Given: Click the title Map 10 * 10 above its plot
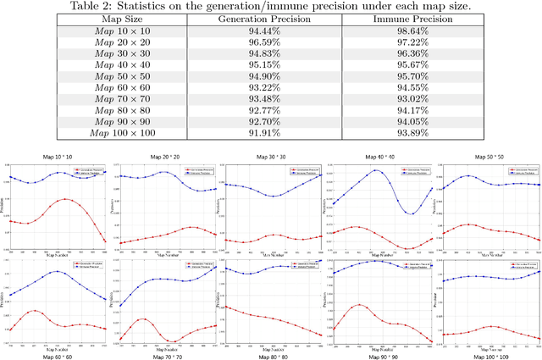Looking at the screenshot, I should pos(58,158).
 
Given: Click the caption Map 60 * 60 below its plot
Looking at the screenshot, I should pos(58,354).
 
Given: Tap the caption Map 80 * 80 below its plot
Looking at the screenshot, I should pos(271,354).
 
